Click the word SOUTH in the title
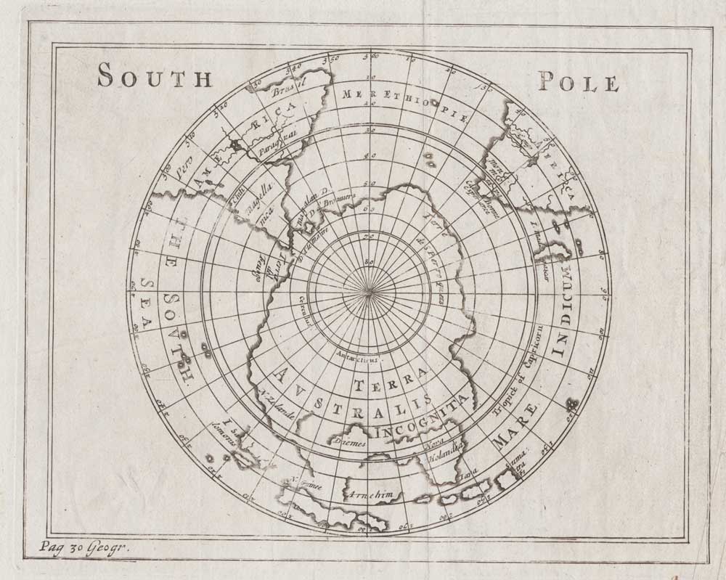154,76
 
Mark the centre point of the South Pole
370,292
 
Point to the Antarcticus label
356,356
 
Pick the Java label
470,475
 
